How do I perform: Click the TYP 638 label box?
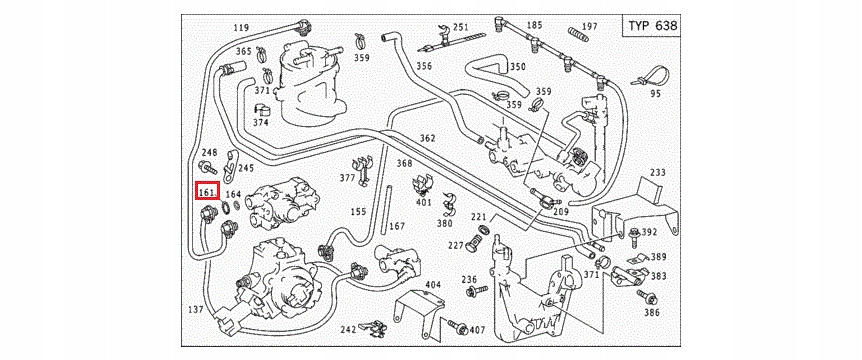click(651, 25)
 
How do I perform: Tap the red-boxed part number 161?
click(208, 192)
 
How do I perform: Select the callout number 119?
click(241, 27)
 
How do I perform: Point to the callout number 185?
click(534, 25)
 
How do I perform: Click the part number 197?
click(589, 26)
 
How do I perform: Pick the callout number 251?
click(460, 28)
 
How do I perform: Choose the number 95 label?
click(655, 93)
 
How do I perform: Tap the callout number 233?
click(657, 172)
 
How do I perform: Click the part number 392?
click(649, 232)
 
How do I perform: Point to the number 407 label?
click(478, 330)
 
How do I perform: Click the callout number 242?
click(348, 329)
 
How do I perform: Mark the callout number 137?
click(196, 309)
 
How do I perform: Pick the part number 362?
click(427, 137)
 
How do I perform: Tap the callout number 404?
click(434, 284)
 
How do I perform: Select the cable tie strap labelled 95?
click(649, 76)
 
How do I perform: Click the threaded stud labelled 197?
click(578, 34)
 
